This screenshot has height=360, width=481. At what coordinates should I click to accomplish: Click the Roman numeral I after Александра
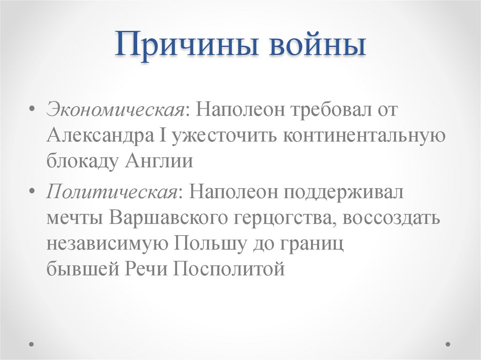(163, 136)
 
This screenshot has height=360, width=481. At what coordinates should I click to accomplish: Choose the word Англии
(159, 161)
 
